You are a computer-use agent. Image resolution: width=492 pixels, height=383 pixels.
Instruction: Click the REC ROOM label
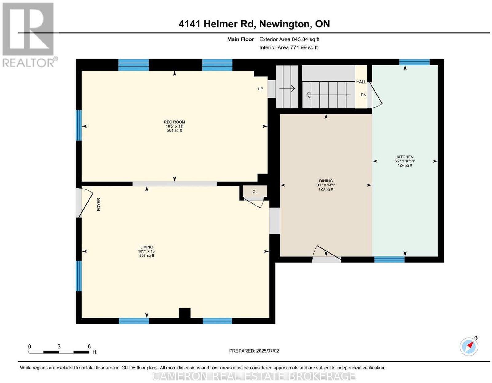[174, 122]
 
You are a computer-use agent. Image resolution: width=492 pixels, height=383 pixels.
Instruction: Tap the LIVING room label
[147, 247]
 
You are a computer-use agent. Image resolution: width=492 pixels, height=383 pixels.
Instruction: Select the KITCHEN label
[405, 157]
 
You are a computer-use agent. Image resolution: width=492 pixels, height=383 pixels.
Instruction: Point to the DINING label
[326, 181]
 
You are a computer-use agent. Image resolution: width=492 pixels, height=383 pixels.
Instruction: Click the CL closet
[255, 192]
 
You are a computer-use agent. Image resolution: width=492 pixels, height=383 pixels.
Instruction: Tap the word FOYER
[98, 205]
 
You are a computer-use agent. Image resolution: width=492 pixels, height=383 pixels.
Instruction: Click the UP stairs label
[260, 89]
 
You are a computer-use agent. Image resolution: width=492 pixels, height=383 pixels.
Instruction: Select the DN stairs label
[363, 95]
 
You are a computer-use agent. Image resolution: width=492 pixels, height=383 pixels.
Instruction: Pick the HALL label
[361, 82]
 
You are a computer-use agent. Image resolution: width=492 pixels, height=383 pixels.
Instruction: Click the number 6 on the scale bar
[89, 347]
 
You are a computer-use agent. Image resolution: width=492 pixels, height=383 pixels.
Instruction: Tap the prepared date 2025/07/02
[268, 351]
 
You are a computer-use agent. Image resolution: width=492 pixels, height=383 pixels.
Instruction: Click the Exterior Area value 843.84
[299, 39]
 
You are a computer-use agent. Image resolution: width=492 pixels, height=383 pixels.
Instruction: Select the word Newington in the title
[285, 24]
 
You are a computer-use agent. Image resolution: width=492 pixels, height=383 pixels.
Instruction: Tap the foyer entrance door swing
[85, 202]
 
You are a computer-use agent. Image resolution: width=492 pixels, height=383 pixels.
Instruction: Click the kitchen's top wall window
[414, 62]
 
